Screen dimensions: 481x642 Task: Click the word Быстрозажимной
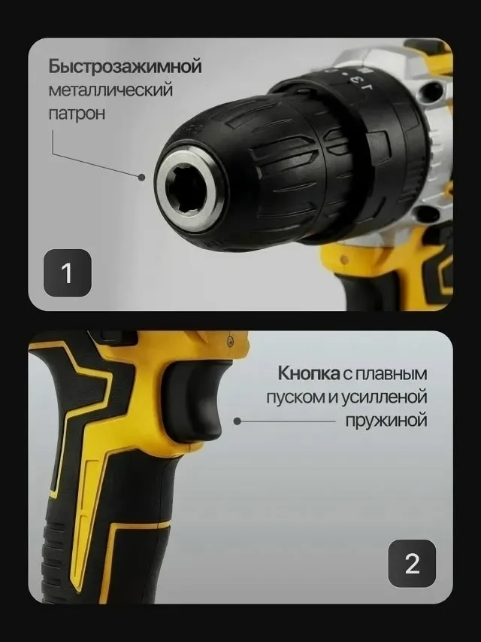coord(126,67)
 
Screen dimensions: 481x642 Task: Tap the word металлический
coord(110,90)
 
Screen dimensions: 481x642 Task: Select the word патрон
coord(77,113)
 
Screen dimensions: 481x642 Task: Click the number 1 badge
coord(68,272)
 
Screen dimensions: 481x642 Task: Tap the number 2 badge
coord(412,564)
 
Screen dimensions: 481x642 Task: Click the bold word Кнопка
coord(308,373)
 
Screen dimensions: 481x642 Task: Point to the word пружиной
coord(386,421)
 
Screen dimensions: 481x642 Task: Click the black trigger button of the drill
coord(192,401)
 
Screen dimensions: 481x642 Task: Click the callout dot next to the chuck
coord(141,178)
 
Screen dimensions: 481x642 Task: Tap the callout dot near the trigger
coord(237,421)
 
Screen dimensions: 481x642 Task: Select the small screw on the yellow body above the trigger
coord(230,339)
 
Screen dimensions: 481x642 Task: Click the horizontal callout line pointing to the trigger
coord(286,421)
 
